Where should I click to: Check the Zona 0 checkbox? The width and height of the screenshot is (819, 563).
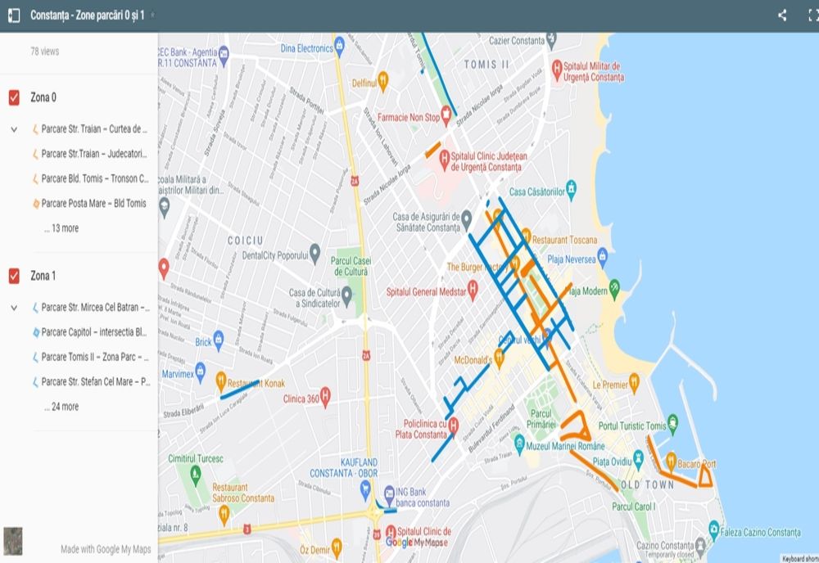pyautogui.click(x=14, y=98)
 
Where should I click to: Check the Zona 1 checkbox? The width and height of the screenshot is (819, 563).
pyautogui.click(x=14, y=277)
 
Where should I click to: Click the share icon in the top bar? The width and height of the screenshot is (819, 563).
pyautogui.click(x=782, y=16)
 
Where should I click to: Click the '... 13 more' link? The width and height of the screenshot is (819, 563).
pyautogui.click(x=61, y=228)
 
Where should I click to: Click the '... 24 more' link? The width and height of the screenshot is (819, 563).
pyautogui.click(x=61, y=407)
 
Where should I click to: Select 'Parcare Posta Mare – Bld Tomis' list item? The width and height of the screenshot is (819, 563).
pyautogui.click(x=93, y=204)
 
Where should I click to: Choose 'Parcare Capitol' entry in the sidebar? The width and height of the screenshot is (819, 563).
pyautogui.click(x=93, y=332)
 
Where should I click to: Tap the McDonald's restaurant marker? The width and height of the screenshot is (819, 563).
pyautogui.click(x=498, y=358)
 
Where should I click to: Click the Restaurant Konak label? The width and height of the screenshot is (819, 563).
pyautogui.click(x=256, y=383)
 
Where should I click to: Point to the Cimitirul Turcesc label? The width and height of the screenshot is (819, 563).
pyautogui.click(x=195, y=459)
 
